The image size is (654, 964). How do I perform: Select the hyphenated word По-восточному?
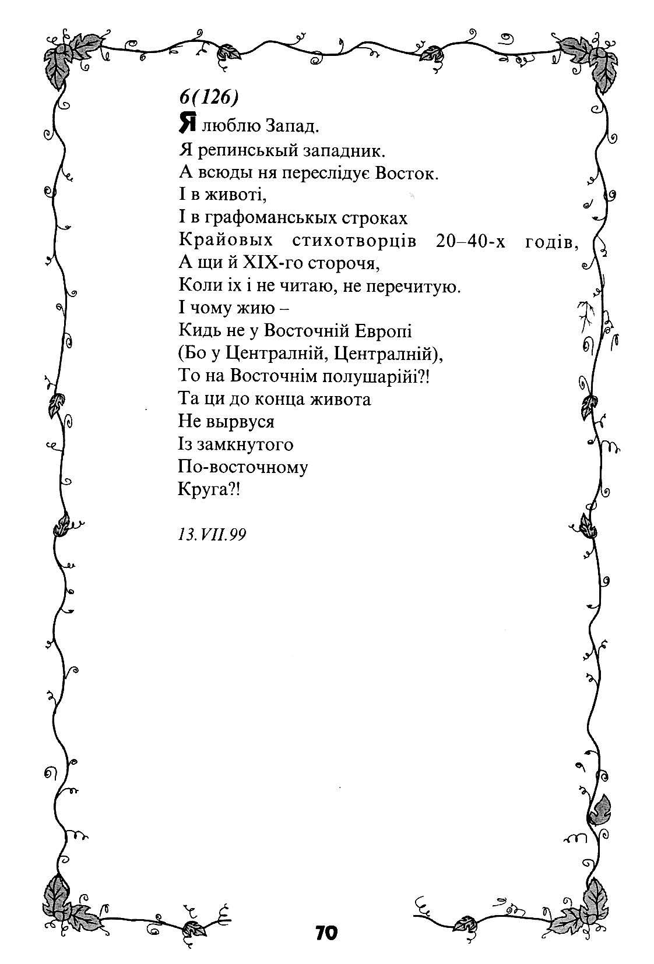[x=242, y=467]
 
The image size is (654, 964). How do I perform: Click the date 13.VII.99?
[x=212, y=535]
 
